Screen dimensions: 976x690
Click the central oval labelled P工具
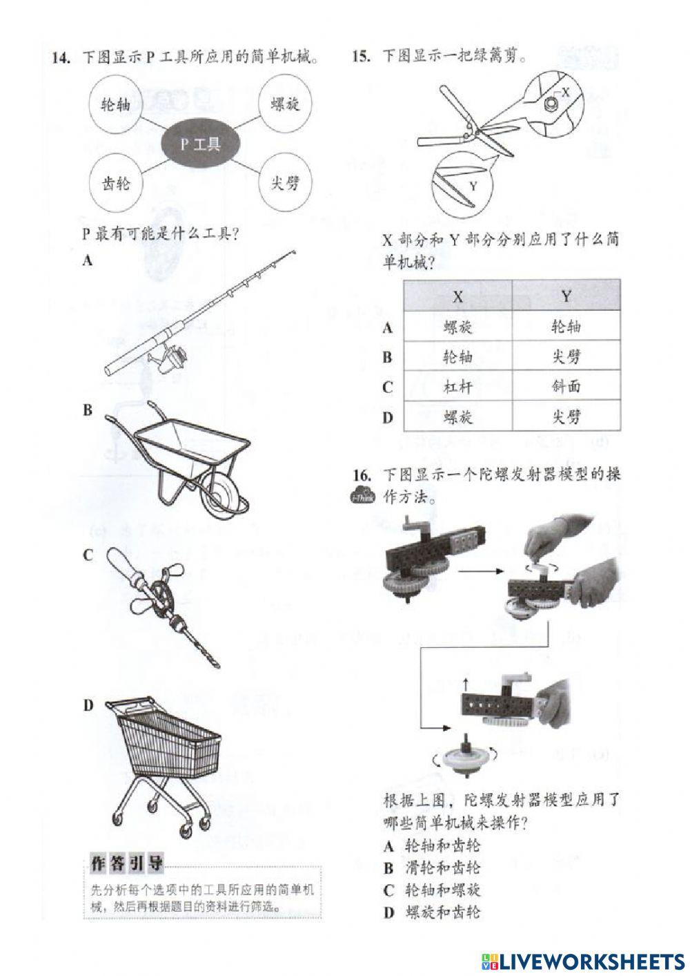point(201,144)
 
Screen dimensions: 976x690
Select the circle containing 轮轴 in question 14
point(115,105)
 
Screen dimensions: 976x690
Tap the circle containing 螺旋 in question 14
point(285,105)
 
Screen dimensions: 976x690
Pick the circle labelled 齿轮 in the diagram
point(115,184)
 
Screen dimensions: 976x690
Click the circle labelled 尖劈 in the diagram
point(285,184)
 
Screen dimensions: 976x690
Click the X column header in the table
point(457,296)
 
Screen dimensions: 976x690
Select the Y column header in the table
point(566,296)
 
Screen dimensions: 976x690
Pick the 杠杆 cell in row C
point(457,387)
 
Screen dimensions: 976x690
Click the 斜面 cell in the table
point(566,387)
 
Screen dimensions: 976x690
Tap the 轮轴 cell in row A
point(566,327)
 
